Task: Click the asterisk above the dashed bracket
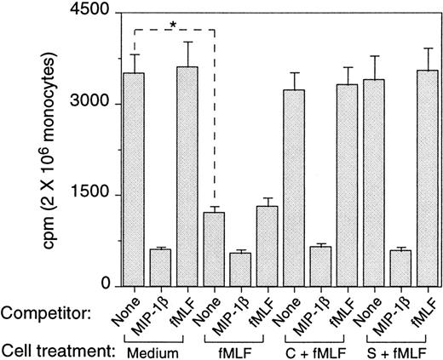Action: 173,25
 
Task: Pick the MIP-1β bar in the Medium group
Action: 161,267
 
